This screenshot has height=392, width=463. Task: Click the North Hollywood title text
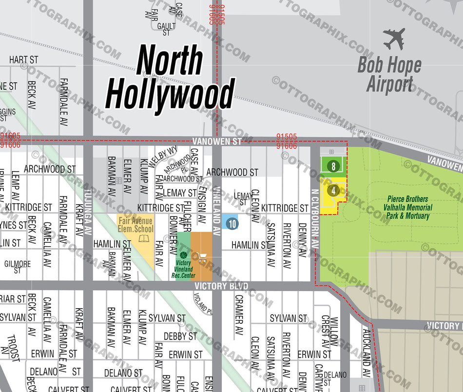(170, 78)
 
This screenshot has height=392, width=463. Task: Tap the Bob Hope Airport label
(389, 75)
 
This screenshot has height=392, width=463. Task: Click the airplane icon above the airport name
(394, 39)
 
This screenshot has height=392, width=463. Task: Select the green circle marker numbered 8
(333, 166)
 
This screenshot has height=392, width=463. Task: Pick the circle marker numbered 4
(333, 191)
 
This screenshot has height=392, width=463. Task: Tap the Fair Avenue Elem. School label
(136, 225)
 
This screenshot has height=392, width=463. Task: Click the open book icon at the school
(143, 239)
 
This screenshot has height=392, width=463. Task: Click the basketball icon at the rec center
(183, 255)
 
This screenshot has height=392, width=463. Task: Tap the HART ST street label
(23, 60)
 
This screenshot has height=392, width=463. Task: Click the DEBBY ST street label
(180, 336)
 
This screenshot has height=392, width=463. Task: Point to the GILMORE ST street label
(18, 267)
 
